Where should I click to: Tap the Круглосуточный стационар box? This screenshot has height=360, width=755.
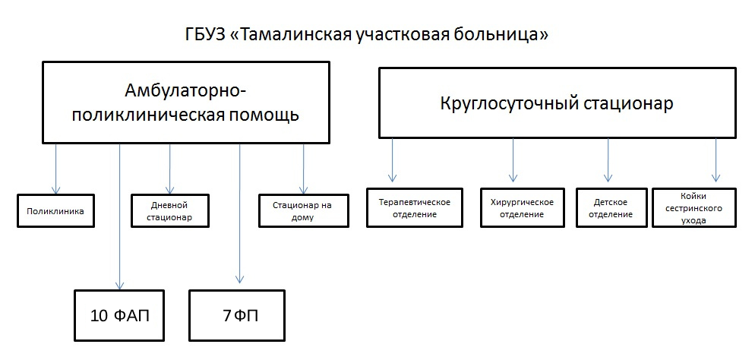[557, 102]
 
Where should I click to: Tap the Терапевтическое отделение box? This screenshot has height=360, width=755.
[414, 207]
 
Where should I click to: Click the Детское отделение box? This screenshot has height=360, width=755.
[610, 207]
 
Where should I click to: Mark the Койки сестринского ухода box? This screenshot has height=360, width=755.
[694, 207]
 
